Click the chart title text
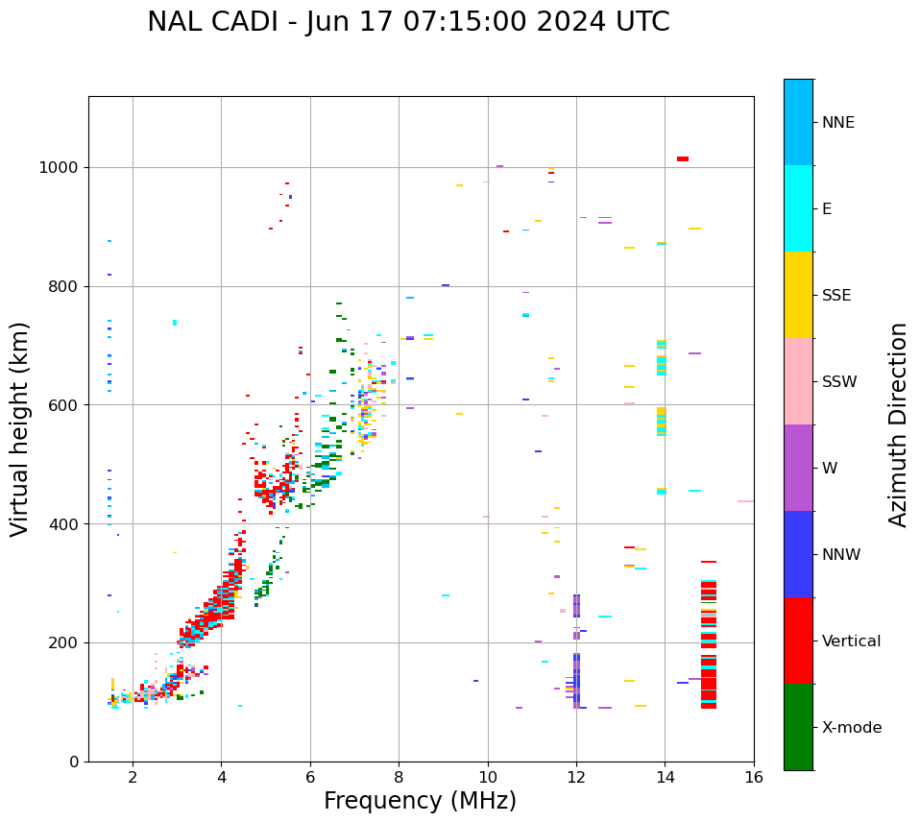[408, 22]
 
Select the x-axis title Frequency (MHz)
[420, 801]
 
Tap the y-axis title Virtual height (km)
[20, 428]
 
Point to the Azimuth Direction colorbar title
[898, 424]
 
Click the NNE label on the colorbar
[837, 123]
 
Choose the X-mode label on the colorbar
[852, 728]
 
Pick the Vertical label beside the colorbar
[851, 641]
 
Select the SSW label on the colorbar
[839, 382]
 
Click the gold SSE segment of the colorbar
[798, 295]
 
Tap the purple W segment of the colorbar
[798, 468]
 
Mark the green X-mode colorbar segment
[798, 727]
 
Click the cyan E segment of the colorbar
[798, 208]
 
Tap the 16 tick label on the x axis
[754, 778]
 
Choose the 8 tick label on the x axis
[399, 778]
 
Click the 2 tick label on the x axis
[133, 778]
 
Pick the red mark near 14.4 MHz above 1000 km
[682, 158]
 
